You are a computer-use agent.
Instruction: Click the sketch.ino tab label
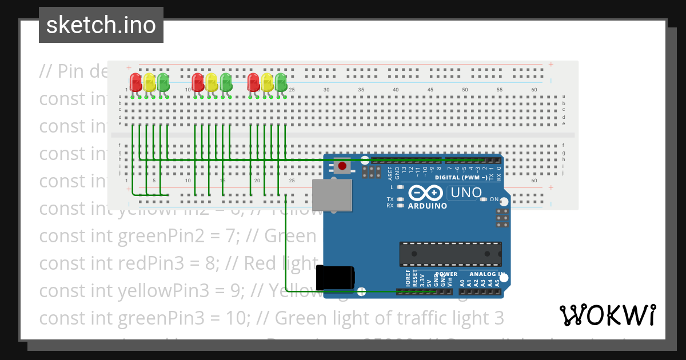tap(101, 25)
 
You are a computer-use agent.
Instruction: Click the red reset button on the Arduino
tap(342, 166)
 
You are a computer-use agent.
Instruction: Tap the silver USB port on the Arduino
tap(332, 194)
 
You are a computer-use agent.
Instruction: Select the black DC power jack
tap(336, 278)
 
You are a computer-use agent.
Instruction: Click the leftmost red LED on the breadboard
tap(135, 82)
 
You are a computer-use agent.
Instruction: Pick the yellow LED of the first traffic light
tap(150, 82)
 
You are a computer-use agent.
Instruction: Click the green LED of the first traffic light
tap(163, 82)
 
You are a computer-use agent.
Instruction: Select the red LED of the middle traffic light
tap(198, 82)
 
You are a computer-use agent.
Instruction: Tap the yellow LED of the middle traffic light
tap(212, 82)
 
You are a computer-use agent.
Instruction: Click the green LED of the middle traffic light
tap(226, 82)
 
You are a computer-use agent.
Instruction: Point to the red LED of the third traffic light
tap(253, 82)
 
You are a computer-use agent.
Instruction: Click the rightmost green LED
tap(281, 82)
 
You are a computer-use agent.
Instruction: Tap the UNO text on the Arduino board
tap(466, 193)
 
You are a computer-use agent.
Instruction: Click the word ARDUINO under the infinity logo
tap(428, 206)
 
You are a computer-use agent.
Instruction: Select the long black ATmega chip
tap(450, 254)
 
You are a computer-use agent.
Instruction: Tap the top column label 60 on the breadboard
tap(534, 90)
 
